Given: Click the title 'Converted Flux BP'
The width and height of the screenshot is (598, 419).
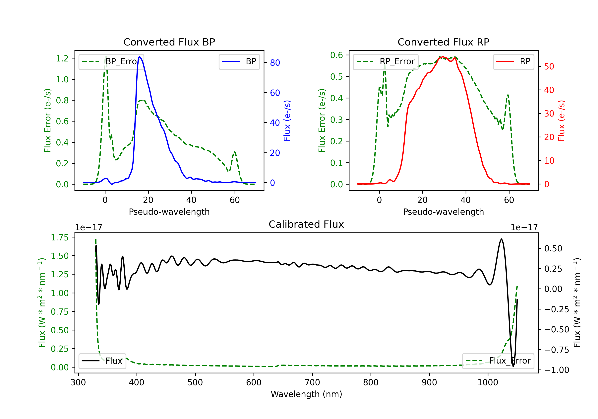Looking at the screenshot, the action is pos(169,42).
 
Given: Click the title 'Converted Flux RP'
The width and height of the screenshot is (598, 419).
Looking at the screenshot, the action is pos(443,42).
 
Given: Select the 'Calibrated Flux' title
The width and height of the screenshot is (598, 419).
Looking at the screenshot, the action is pos(306,224).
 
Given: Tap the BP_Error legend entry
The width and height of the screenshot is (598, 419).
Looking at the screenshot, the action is pos(111,61).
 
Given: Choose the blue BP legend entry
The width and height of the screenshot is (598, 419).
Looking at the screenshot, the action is pos(239,61).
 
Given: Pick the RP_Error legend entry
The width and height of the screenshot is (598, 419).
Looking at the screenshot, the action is pos(386,61).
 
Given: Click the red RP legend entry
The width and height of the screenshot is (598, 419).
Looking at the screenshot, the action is pos(513,61).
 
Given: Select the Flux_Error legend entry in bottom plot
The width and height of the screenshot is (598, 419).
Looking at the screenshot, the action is pos(498,361).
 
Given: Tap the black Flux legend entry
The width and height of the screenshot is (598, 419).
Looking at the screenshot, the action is pos(102,361).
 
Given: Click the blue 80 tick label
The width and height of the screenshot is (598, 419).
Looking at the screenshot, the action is pos(275,63).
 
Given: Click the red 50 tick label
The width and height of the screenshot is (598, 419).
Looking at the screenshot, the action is pos(549,67).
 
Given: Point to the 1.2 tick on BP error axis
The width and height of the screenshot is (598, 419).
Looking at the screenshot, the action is pos(62,58).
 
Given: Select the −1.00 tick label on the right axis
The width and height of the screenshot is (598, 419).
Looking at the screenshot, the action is pos(557,370).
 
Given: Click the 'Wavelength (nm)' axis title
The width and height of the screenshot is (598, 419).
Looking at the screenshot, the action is pos(306,394).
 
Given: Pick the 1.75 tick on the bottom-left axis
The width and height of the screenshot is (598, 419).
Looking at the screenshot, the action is pos(60,237).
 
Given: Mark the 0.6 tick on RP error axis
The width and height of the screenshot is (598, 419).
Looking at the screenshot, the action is pos(336,55).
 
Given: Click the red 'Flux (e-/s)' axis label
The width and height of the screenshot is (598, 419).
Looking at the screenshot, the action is pos(561,121).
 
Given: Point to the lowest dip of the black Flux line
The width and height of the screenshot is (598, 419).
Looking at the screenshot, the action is pos(513,366).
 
